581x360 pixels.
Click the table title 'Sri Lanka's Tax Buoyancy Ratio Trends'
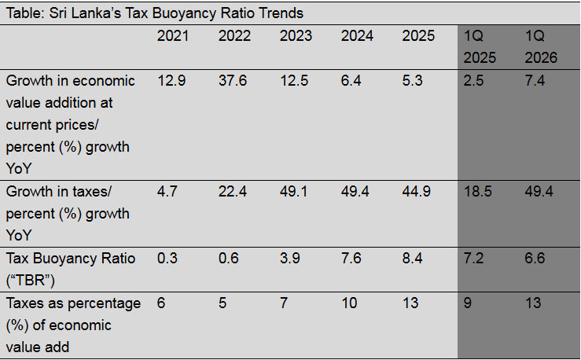coord(176,13)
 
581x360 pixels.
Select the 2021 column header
coord(173,36)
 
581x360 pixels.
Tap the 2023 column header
coord(296,36)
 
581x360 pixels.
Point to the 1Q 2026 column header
coord(541,46)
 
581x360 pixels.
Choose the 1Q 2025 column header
coord(480,46)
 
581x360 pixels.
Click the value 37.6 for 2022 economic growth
coord(233,80)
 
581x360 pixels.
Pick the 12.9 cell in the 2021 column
coord(171,80)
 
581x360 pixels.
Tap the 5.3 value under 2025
coord(412,80)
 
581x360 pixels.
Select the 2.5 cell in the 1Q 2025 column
coord(473,80)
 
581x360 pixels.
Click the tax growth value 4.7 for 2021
coord(167,192)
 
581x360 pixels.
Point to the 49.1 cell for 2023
coord(293,192)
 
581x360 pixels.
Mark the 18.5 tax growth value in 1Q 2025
coord(478,192)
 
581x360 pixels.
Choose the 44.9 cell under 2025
coord(416,192)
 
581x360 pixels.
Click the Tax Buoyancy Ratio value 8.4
coord(412,258)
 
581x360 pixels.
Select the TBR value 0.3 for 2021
coord(167,258)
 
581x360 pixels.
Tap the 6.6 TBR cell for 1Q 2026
coord(535,258)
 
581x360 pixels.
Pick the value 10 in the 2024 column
coord(349,303)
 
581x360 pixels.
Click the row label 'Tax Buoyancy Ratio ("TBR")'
coord(71,270)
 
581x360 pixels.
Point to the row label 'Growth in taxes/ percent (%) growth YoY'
coord(68,214)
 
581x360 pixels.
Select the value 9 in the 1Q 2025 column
coord(468,303)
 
